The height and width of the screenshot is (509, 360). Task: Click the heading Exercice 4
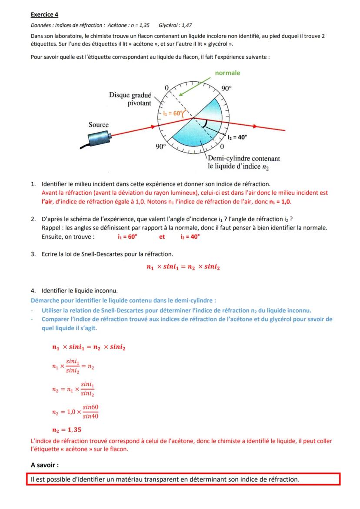pos(44,14)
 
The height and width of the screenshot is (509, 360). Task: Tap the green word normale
pos(227,73)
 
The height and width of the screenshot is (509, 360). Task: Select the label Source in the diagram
pos(99,125)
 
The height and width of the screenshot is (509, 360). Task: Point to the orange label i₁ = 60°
pos(173,113)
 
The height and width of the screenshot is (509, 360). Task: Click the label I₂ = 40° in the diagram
pos(237,136)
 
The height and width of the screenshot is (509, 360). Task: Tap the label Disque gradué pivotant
pos(130,99)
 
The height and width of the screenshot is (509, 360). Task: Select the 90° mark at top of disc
pos(227,88)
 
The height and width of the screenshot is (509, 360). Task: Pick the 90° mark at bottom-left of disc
pos(161,146)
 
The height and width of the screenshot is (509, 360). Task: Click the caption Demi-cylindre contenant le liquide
pos(243,163)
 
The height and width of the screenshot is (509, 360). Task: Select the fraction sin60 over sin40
pos(91,411)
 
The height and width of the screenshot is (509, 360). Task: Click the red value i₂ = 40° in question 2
pos(190,237)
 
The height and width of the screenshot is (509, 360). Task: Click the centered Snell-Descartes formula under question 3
pos(183,267)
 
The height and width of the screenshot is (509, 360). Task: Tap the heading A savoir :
pos(44,465)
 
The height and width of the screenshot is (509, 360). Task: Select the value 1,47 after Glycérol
pos(185,26)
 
